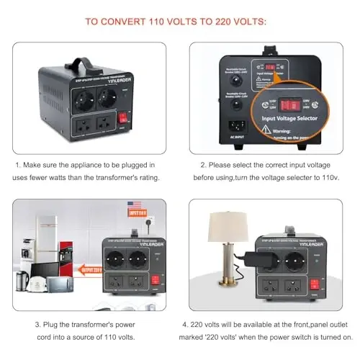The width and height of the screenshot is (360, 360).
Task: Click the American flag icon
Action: (134, 205)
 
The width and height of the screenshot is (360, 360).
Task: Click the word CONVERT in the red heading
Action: (127, 21)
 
